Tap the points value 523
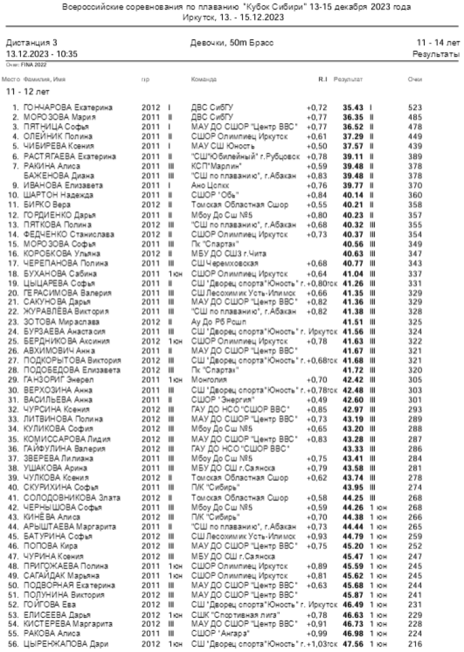pos(415,108)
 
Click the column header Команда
pos(204,80)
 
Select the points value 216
pos(415,645)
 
